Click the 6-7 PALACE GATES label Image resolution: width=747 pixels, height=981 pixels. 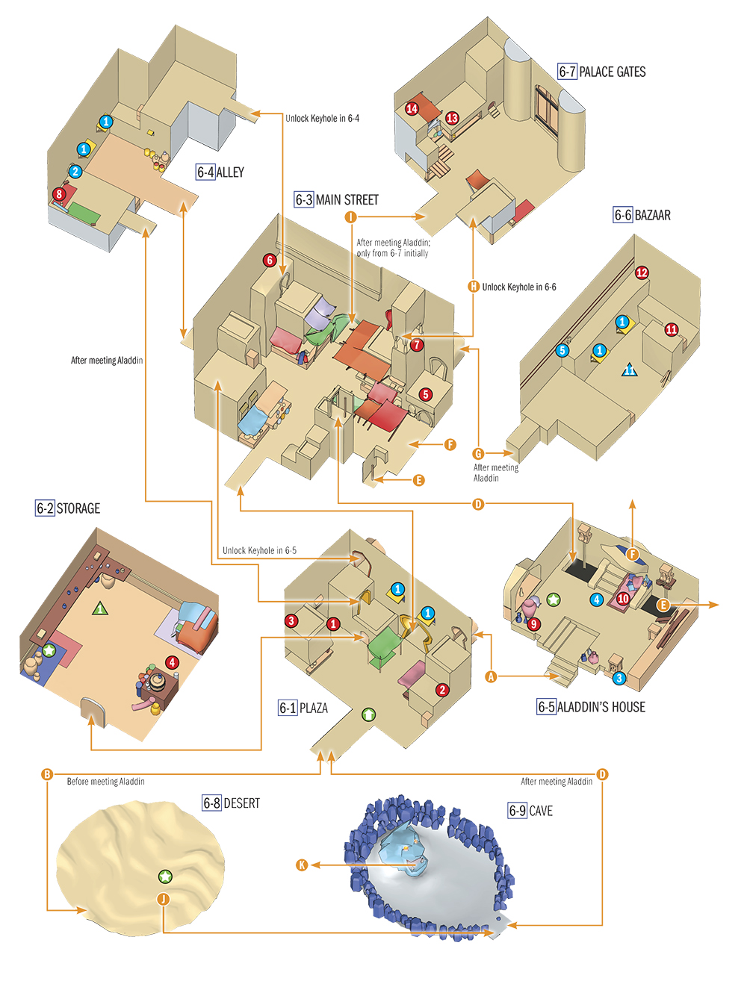point(602,72)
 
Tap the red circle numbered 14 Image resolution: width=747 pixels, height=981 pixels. point(412,108)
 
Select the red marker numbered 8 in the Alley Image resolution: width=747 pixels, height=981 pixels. point(59,194)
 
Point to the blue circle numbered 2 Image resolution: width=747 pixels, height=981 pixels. point(75,171)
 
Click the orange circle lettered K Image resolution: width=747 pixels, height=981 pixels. point(303,865)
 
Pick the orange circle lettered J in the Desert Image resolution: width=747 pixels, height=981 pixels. point(164,899)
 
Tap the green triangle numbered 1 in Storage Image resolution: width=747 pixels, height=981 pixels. point(101,608)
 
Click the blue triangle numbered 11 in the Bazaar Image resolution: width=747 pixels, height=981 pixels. point(629,370)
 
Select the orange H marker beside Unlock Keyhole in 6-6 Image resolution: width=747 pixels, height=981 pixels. point(474,287)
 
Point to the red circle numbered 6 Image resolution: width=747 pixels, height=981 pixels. point(269,260)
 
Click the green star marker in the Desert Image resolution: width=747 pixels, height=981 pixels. point(165,877)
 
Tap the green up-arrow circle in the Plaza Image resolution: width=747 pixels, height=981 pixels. point(368,714)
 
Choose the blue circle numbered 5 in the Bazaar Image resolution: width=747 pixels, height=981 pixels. point(562,350)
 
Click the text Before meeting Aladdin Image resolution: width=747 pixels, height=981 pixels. point(105,781)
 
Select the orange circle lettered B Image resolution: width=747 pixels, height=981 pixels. point(47,774)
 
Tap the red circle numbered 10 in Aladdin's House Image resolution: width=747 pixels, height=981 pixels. point(623,599)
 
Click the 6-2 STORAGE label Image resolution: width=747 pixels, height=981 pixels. point(68,508)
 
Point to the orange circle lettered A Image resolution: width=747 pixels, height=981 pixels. point(492,676)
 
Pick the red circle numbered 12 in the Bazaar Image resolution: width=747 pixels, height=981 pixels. point(642,272)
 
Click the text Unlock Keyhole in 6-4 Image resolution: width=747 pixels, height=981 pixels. point(322,119)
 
